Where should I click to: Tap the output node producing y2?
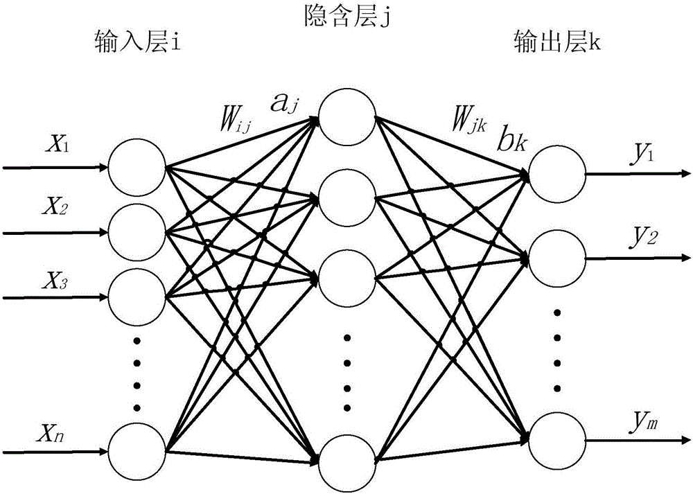(556, 256)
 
